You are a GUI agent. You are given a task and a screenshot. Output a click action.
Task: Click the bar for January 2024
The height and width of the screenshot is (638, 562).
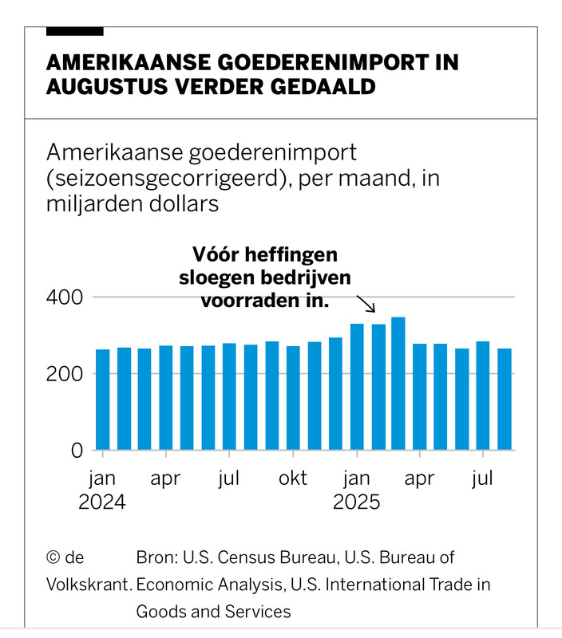click(102, 400)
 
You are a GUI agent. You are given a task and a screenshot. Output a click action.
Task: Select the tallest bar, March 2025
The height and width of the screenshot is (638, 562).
click(398, 384)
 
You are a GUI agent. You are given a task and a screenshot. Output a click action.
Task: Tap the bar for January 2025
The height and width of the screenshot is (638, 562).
click(356, 387)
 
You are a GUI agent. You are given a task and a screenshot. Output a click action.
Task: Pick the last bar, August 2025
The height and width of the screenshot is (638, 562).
click(505, 400)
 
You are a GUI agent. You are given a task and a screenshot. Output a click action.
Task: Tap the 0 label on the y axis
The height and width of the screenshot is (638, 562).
click(77, 450)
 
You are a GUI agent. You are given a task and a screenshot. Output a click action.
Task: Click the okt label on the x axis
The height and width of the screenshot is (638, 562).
click(292, 478)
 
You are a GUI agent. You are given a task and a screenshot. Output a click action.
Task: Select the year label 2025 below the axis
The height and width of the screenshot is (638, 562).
click(357, 503)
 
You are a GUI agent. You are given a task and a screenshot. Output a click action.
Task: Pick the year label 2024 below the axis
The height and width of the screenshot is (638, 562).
click(102, 503)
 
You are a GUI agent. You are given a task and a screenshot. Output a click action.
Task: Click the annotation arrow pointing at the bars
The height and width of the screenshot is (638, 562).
click(366, 303)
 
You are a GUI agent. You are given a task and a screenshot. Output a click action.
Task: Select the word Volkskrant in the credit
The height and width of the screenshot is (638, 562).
click(88, 584)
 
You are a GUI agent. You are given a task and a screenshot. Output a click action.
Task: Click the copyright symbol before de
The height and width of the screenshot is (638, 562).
click(53, 557)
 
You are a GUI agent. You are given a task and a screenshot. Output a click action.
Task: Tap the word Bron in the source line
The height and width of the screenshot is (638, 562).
click(157, 557)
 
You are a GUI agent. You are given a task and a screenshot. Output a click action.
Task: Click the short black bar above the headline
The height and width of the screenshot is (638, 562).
click(75, 31)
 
